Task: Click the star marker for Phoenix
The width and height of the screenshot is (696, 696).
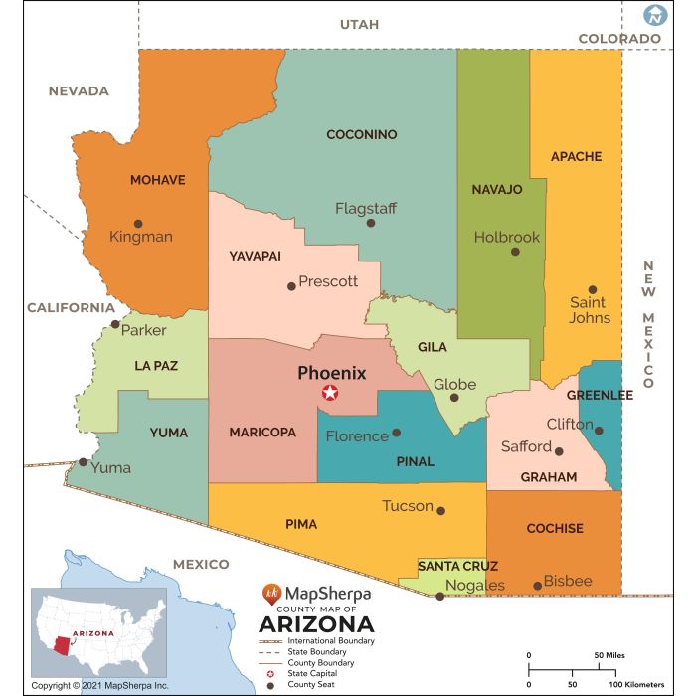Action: click(329, 393)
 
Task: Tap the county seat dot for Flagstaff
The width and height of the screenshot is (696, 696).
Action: click(371, 223)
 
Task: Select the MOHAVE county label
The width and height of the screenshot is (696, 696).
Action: click(157, 180)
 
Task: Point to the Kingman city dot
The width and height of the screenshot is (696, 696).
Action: click(138, 224)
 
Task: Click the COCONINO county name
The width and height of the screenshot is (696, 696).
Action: click(362, 134)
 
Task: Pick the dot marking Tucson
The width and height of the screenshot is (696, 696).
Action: click(441, 511)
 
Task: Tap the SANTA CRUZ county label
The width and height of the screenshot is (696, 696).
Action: click(450, 566)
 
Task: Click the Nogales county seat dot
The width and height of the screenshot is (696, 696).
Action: click(439, 597)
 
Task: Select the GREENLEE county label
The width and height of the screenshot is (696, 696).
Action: click(600, 395)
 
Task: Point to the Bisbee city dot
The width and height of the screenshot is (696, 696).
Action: click(538, 586)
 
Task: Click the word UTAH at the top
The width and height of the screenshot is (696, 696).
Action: click(359, 24)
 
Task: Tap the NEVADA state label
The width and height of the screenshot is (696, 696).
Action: click(79, 90)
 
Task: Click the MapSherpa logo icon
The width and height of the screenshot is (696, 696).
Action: click(270, 594)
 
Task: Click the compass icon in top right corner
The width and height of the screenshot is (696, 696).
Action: click(654, 15)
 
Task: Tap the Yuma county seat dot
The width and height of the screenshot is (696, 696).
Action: click(83, 461)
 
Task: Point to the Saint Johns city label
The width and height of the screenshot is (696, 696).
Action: click(589, 310)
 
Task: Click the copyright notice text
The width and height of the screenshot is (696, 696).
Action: click(99, 686)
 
